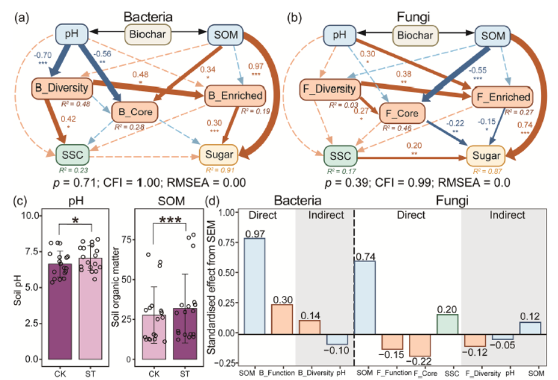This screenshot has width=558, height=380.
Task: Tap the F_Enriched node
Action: click(502, 97)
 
